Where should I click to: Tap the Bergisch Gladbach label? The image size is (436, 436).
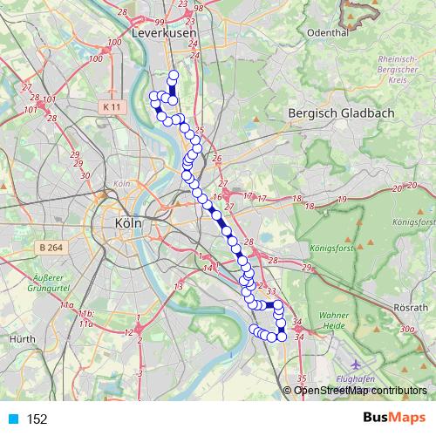(341, 113)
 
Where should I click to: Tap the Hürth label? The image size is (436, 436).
(20, 337)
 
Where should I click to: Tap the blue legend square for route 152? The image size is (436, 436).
(11, 419)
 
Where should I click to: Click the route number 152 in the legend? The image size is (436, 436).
(37, 419)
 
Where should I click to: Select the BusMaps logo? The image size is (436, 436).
(390, 418)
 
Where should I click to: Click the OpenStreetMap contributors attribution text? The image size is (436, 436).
(359, 392)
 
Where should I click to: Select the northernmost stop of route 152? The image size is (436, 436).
(174, 74)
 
